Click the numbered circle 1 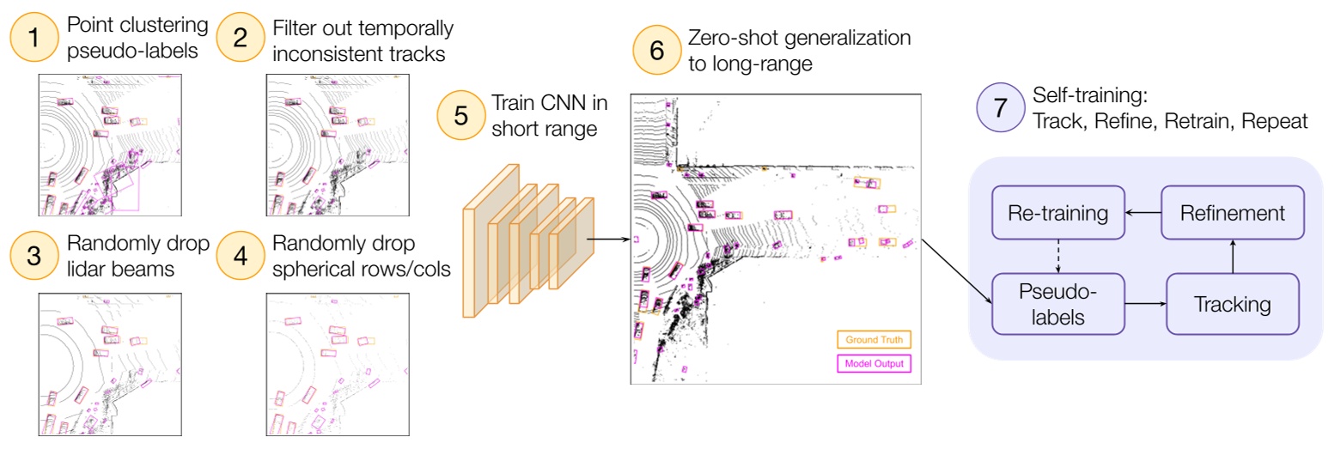[34, 38]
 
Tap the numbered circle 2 [241, 38]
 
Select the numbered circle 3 [34, 256]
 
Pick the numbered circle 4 [241, 256]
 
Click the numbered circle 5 [461, 115]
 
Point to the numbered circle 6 [657, 51]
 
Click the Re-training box [1058, 212]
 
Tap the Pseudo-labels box [1058, 303]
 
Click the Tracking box [1232, 303]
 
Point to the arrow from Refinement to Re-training [1143, 212]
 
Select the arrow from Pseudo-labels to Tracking [1144, 303]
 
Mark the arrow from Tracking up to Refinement [1232, 256]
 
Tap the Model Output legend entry [875, 363]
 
